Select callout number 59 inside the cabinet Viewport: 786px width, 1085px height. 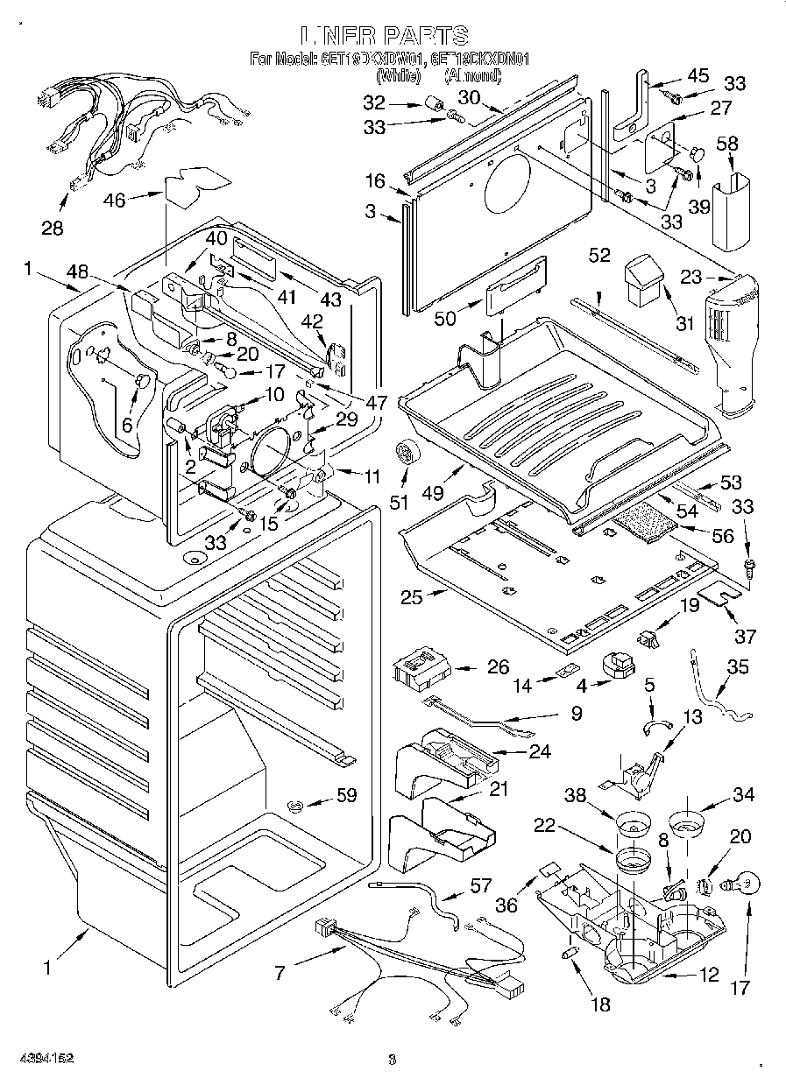[x=346, y=796]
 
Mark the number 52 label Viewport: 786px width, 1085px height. [x=598, y=256]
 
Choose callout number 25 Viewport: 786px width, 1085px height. [x=412, y=598]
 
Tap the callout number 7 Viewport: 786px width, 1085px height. [x=280, y=974]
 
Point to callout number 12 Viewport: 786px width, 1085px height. [x=708, y=973]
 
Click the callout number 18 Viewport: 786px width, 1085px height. [x=600, y=1005]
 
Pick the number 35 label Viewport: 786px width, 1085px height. [x=738, y=667]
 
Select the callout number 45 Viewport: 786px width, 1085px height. [x=697, y=75]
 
